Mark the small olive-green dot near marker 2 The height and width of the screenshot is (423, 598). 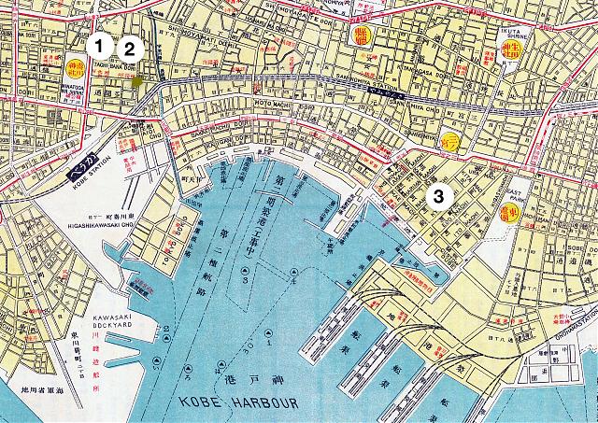137,82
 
